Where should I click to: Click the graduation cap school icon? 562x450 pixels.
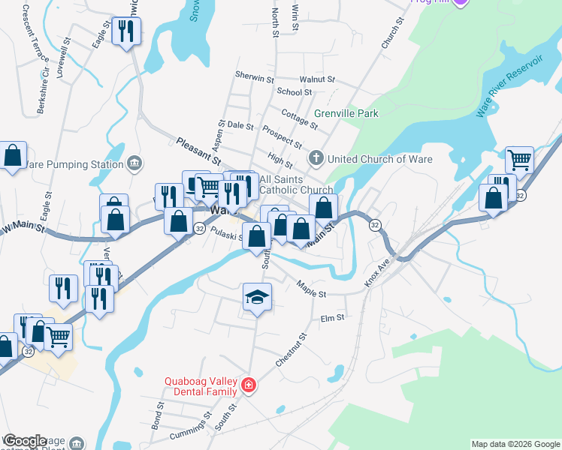click(x=257, y=298)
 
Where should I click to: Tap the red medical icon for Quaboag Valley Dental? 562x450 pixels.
click(x=249, y=387)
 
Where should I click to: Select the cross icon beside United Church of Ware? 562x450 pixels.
click(x=316, y=158)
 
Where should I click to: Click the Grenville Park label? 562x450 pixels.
click(x=346, y=113)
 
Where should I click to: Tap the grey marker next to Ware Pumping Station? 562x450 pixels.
click(x=134, y=163)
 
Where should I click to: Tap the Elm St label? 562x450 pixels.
click(x=331, y=318)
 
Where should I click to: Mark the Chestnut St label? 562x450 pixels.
click(x=292, y=349)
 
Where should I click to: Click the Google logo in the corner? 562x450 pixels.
click(x=25, y=441)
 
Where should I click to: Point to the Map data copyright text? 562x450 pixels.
click(x=515, y=444)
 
